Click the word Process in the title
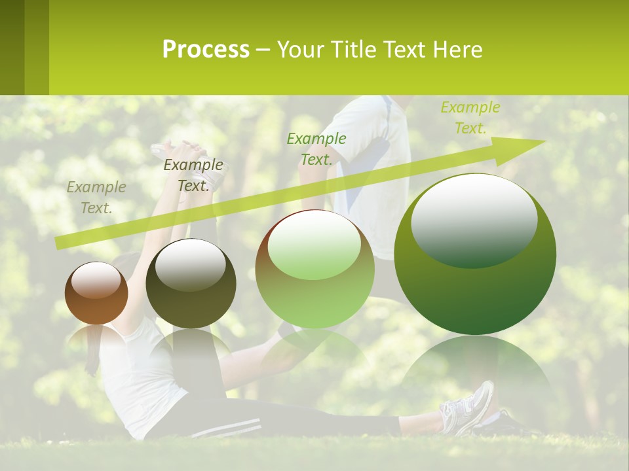pyautogui.click(x=206, y=49)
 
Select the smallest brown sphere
pyautogui.click(x=96, y=294)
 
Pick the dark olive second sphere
pyautogui.click(x=191, y=284)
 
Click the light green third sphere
pyautogui.click(x=314, y=270)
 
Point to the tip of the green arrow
pyautogui.click(x=544, y=141)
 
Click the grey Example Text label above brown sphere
pyautogui.click(x=96, y=198)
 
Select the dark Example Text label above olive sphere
pyautogui.click(x=193, y=175)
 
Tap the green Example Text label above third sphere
pyautogui.click(x=316, y=148)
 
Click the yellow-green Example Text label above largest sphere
pyautogui.click(x=470, y=118)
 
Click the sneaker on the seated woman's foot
pyautogui.click(x=467, y=407)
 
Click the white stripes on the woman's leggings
pyautogui.click(x=226, y=427)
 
